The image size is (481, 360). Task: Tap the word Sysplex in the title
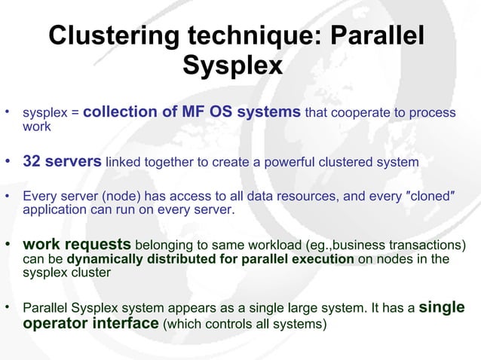(x=232, y=66)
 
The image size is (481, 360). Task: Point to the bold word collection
(x=120, y=112)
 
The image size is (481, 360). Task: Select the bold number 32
(x=32, y=162)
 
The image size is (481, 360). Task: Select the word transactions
(x=427, y=246)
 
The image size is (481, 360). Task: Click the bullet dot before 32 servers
(x=8, y=162)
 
